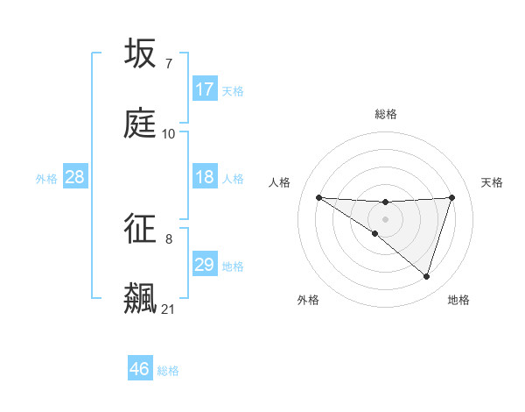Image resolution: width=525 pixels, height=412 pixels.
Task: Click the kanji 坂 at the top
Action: [x=140, y=54]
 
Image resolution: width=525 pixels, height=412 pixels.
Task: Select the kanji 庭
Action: [x=140, y=124]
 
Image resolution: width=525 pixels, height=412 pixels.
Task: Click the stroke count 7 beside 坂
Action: [x=168, y=64]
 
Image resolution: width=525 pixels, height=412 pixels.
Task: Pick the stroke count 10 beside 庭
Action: [x=168, y=134]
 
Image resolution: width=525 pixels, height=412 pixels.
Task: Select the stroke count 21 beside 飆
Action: [x=168, y=309]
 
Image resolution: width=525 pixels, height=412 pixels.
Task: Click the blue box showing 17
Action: [x=205, y=89]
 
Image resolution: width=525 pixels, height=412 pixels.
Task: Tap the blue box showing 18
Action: [x=205, y=177]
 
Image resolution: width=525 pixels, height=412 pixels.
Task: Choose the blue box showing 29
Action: [x=205, y=265]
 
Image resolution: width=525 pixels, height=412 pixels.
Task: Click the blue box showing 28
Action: [x=75, y=177]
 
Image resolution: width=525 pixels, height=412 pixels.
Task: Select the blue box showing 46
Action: [x=140, y=369]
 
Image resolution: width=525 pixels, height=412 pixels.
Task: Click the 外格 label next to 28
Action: [x=46, y=179]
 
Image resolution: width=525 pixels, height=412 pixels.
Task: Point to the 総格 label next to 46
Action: [x=168, y=371]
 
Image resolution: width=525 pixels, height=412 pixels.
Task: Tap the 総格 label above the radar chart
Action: [x=385, y=114]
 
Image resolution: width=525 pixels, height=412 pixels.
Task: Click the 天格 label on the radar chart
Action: [x=493, y=182]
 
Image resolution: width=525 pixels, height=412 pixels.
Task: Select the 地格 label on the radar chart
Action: [x=458, y=300]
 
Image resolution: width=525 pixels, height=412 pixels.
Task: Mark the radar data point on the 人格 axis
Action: [x=318, y=197]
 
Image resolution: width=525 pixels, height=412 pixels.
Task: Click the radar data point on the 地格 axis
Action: [x=426, y=276]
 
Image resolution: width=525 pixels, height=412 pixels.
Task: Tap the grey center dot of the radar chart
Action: [x=385, y=218]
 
